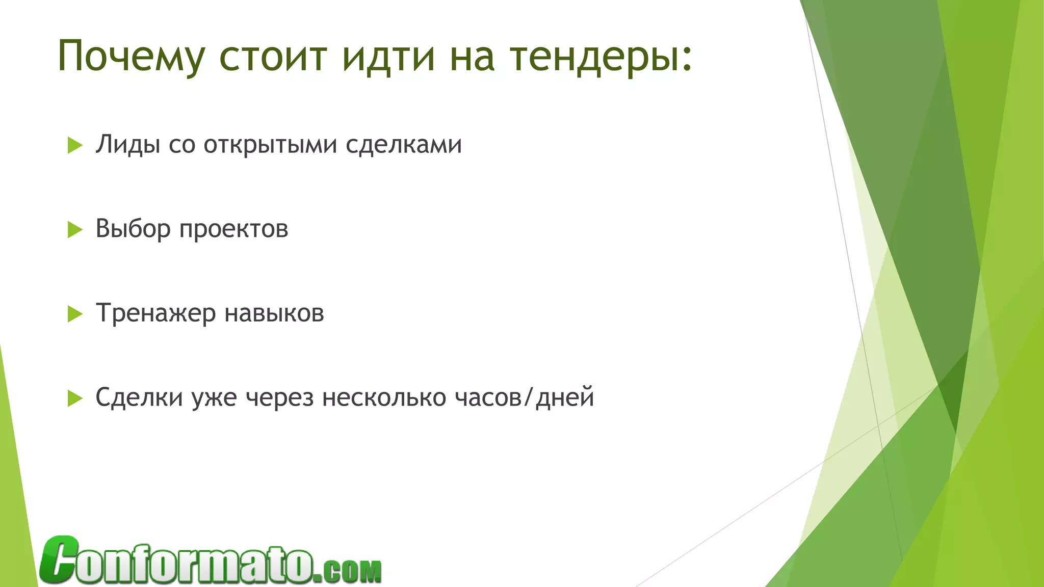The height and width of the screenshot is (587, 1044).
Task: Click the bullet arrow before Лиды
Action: (x=75, y=146)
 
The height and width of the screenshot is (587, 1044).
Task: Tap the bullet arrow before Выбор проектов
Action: (x=75, y=230)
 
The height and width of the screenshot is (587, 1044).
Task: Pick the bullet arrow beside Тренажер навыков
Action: (x=75, y=314)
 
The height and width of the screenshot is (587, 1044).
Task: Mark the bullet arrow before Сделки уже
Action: (x=75, y=398)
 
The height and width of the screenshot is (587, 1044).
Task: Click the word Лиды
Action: (x=127, y=145)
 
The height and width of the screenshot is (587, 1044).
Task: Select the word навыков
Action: (x=274, y=313)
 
